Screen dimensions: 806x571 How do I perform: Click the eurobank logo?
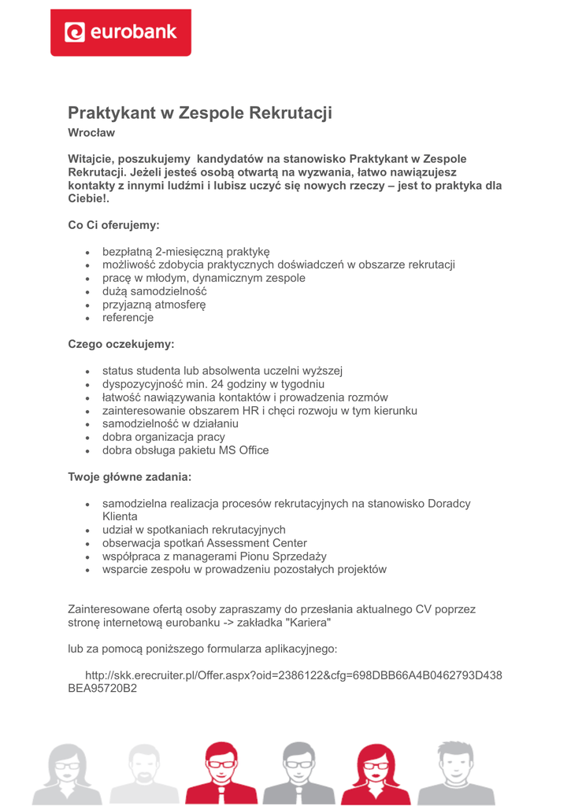(x=121, y=32)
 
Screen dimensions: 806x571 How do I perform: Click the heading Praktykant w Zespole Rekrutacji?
(x=200, y=113)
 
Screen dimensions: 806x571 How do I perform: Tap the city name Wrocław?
(x=91, y=133)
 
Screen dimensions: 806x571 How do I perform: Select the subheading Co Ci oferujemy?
(x=113, y=225)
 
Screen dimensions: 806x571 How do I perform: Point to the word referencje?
(x=128, y=318)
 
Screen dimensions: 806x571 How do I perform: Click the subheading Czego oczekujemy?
(x=121, y=345)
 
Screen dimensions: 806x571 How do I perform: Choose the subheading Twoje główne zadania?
(x=129, y=477)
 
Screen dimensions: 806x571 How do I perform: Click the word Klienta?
(x=120, y=516)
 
